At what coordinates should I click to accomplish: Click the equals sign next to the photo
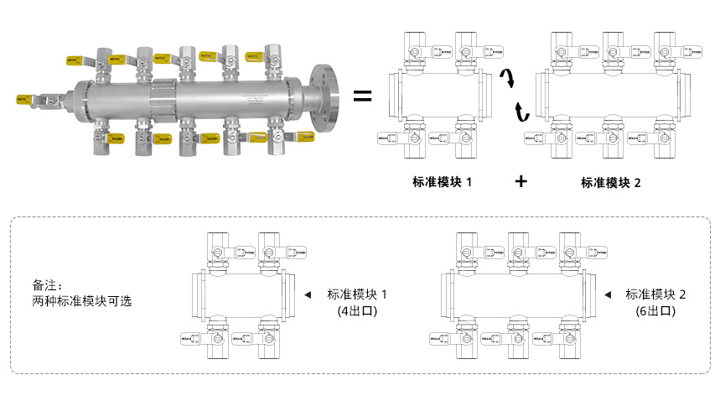(362, 96)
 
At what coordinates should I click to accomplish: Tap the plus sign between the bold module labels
(521, 180)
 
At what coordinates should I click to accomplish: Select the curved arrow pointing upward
(521, 111)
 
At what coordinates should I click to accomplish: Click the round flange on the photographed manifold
(322, 96)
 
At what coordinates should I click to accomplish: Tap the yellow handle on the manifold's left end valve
(25, 98)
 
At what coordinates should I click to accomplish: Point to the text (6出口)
(655, 310)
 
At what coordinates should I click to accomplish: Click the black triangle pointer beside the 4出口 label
(308, 294)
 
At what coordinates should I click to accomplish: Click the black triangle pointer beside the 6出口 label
(606, 294)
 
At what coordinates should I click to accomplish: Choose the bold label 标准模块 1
(442, 181)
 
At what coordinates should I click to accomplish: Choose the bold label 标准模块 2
(610, 181)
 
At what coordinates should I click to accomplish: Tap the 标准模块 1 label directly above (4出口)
(357, 294)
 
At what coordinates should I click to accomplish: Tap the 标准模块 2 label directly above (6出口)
(655, 294)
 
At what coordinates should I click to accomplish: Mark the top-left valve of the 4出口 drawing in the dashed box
(219, 250)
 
